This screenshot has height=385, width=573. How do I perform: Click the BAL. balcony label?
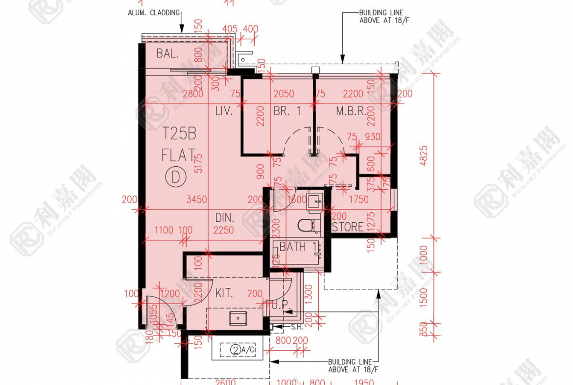coord(167,53)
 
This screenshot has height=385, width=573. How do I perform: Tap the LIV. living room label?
coord(223,111)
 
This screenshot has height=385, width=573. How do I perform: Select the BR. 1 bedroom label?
coord(287,111)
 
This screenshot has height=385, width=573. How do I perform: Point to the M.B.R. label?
coord(351,111)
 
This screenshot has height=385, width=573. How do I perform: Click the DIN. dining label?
coord(225,217)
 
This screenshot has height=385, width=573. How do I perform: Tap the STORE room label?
coord(348,227)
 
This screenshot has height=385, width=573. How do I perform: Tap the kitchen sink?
coord(238,318)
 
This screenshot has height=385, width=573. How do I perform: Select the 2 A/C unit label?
coord(241,350)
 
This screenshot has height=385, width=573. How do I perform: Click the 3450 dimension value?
coord(196,200)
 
